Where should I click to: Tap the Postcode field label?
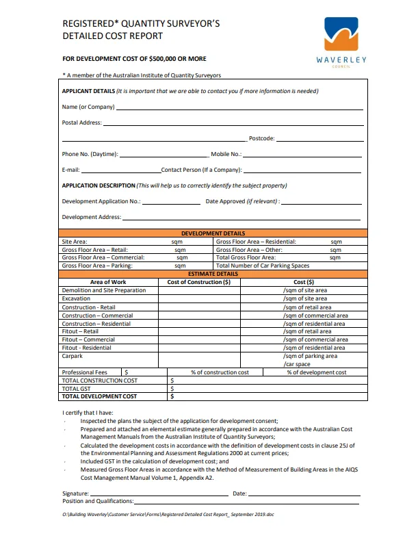click(261, 138)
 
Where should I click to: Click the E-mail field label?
click(70, 170)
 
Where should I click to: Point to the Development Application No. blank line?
click(171, 203)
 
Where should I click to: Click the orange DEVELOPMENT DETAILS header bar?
click(213, 233)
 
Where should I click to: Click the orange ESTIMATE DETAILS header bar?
click(213, 274)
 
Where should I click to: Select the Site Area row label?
click(75, 242)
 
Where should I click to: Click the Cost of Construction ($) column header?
click(199, 282)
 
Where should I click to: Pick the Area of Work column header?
click(108, 282)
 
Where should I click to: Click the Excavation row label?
click(75, 299)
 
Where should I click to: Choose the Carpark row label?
click(73, 356)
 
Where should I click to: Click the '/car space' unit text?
click(297, 364)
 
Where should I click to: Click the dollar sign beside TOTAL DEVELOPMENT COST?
click(172, 396)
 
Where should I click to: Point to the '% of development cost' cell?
click(316, 372)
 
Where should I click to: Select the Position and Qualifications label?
click(98, 502)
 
